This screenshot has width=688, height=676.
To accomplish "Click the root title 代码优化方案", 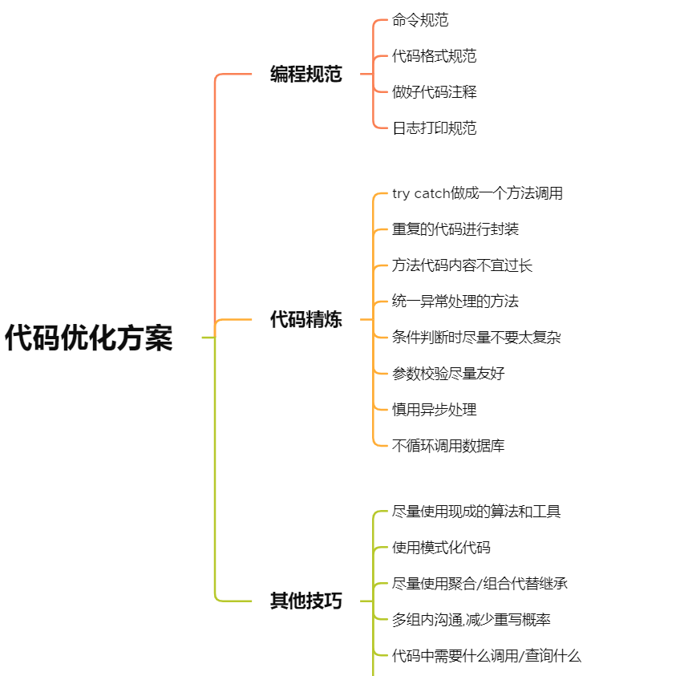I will (x=89, y=338).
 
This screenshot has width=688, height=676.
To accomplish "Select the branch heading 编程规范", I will (x=306, y=75).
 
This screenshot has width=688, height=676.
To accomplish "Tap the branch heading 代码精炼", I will (x=306, y=320).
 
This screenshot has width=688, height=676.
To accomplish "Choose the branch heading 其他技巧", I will (x=306, y=601).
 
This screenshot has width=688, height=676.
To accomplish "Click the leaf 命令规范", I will (x=420, y=20).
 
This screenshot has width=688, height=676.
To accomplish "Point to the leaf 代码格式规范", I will (x=434, y=56).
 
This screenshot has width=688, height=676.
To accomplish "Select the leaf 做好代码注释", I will (x=434, y=92).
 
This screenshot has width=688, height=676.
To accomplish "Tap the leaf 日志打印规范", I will (x=434, y=128).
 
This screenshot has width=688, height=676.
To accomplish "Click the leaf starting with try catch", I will (x=477, y=193).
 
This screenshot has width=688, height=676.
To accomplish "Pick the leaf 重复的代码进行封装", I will (x=455, y=229).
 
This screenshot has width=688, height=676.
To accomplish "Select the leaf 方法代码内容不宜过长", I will (x=463, y=265).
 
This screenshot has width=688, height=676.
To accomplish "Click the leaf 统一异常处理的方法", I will (x=455, y=302).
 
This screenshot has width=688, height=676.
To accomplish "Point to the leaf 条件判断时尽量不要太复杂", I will (x=476, y=338).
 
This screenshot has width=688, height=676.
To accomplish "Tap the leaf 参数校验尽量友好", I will (x=448, y=374).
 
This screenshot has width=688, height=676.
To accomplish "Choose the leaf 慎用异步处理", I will (x=434, y=410).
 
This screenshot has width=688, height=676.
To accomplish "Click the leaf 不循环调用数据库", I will (x=448, y=446).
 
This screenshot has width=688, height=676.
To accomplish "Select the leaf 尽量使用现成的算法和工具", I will (x=476, y=512).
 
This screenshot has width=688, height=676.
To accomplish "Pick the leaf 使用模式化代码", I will (x=441, y=548).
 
